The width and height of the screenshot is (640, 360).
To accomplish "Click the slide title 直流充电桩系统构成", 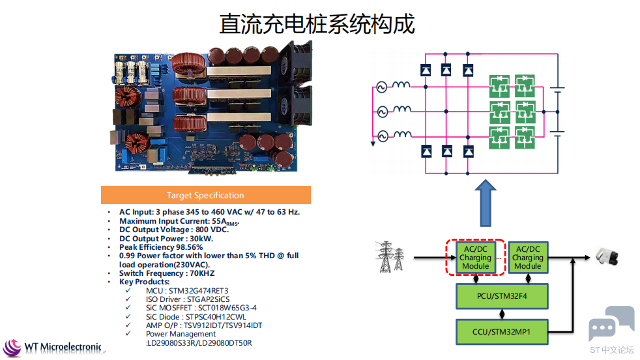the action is point(317,23).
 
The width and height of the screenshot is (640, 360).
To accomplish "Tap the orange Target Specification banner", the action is point(206,195).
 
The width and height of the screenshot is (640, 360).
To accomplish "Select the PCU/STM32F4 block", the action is point(502,296).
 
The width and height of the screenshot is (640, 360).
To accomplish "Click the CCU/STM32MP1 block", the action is point(502,332).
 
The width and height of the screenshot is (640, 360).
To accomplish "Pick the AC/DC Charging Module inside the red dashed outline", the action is point(476,258).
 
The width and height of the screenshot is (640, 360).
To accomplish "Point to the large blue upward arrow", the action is point(486,203).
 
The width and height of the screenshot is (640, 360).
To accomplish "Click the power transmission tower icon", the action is point(389,256).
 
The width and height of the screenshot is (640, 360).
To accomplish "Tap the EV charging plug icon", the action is point(607,256).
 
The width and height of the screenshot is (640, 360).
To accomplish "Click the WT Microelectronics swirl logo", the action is point(12,348).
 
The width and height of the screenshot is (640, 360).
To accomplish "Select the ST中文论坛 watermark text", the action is point(612,350).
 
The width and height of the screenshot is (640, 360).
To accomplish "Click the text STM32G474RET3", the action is point(198,291).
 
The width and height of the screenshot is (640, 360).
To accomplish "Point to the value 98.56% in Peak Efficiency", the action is point(190,247).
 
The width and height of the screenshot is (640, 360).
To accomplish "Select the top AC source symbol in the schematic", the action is point(381,87).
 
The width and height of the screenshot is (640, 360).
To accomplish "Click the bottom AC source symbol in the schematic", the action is point(383,136).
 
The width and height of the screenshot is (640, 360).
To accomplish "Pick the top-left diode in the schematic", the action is point(426,70).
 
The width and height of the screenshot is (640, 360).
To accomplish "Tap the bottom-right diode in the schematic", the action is point(468,151).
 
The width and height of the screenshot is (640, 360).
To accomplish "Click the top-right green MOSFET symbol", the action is point(525,86).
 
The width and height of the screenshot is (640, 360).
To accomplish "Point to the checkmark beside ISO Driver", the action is point(128,299).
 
